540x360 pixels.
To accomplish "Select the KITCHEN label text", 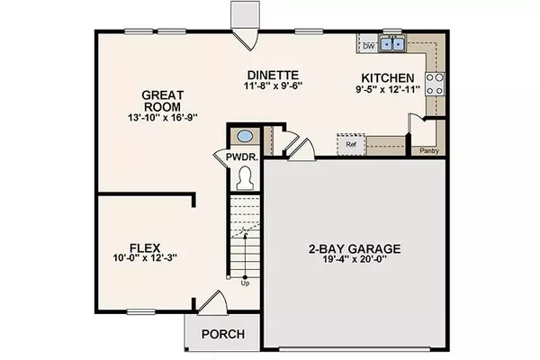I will tap(387, 77).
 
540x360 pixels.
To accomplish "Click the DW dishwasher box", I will tap(368, 44).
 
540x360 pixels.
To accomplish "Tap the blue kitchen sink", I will tap(392, 43).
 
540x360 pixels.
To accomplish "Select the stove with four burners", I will tap(434, 85).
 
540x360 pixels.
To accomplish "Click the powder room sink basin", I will tap(244, 137).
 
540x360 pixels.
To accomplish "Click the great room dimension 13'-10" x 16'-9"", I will tap(164, 117).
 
